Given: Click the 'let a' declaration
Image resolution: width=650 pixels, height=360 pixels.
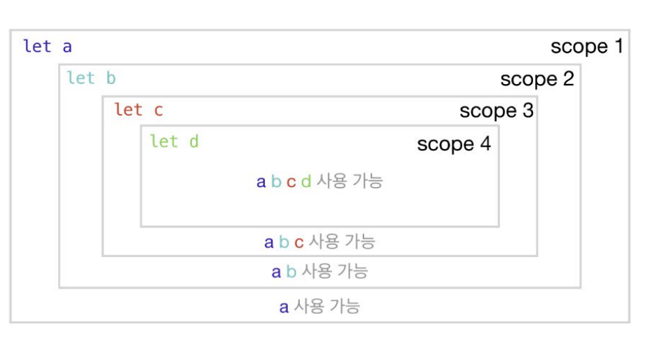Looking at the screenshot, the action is click(x=48, y=47).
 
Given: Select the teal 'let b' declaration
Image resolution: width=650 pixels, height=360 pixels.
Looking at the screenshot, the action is click(x=91, y=78).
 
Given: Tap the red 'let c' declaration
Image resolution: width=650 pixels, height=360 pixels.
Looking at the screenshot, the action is click(x=138, y=109).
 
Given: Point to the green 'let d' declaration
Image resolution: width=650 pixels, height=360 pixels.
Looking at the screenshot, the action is click(x=174, y=141).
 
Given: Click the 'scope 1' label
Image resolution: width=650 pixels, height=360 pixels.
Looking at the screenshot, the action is click(x=586, y=47).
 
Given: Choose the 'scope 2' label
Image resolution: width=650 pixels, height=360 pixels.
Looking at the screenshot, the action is click(x=537, y=79).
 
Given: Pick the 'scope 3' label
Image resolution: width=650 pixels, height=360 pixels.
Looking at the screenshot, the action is click(x=496, y=111).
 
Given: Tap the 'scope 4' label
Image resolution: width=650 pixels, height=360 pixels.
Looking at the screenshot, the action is click(x=454, y=144).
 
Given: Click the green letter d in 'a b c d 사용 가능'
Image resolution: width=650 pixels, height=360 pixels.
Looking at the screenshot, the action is click(x=305, y=182).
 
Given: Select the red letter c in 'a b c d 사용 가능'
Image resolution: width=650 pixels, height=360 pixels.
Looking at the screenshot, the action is click(x=291, y=182).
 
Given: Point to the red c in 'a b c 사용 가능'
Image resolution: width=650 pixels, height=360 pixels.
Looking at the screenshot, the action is click(x=298, y=242).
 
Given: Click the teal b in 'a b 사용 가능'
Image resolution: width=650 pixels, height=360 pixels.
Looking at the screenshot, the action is click(x=291, y=272).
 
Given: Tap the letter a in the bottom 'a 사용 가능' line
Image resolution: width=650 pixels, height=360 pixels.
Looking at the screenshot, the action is click(x=284, y=307).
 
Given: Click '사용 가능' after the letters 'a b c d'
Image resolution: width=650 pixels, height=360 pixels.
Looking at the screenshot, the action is click(x=350, y=181).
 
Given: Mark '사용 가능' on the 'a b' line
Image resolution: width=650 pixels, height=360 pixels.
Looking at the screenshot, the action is click(x=334, y=271).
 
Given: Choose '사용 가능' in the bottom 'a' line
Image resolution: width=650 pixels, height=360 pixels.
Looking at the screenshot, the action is click(x=326, y=306).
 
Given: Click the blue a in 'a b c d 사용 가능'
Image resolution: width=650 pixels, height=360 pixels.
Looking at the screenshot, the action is click(x=261, y=182).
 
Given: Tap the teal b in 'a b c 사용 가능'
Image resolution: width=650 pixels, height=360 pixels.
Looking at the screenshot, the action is click(x=284, y=242).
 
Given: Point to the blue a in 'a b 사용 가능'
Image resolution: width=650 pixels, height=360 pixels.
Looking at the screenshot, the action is click(x=277, y=272).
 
